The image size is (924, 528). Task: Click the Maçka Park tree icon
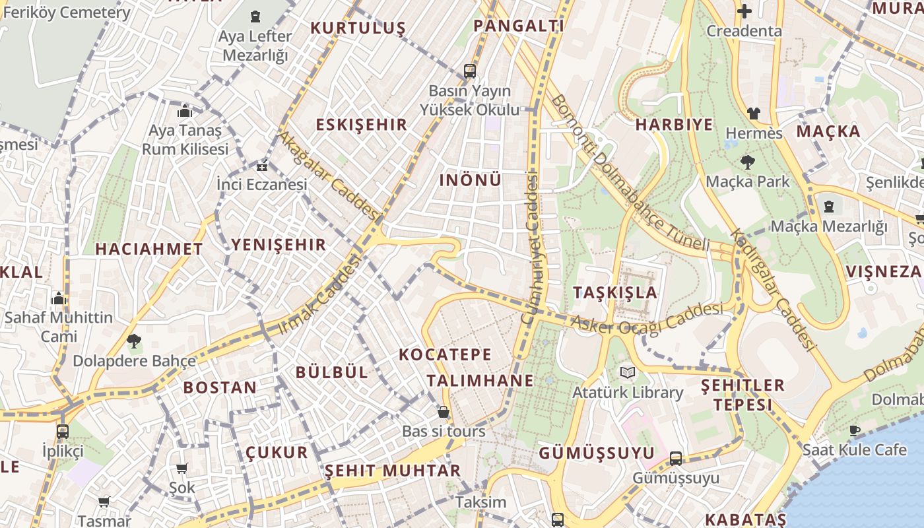747,162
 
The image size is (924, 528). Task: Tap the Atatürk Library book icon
627,373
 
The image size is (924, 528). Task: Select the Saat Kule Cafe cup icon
855,430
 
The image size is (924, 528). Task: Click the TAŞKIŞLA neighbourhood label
615,292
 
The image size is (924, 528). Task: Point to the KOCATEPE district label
445,354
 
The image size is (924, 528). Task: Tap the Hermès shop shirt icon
753,114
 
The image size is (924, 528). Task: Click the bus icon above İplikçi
62,432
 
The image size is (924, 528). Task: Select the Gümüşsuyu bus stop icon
675,458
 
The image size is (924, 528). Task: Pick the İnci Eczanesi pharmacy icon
262,165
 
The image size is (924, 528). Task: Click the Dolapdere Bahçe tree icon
133,341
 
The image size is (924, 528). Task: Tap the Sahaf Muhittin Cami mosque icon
59,298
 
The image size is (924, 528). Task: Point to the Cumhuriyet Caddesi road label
531,247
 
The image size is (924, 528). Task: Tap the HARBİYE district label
674,125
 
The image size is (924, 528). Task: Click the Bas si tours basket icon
444,412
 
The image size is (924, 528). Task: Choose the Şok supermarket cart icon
181,469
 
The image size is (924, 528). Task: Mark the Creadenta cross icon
744,11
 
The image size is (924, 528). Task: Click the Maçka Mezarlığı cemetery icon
828,207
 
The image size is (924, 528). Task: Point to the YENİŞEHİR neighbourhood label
279,245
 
